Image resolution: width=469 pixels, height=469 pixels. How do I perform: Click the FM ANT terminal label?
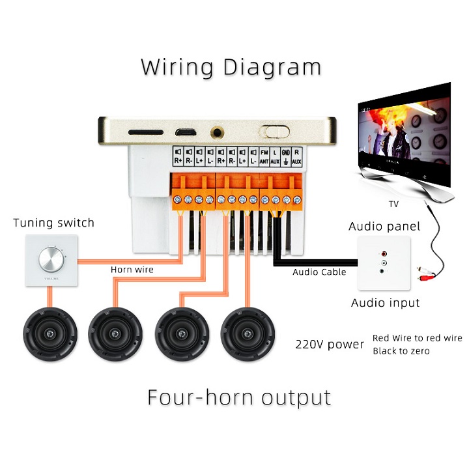click(x=264, y=156)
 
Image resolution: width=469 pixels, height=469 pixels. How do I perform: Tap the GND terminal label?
click(x=285, y=156)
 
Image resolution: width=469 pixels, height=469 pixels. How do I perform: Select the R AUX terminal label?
click(x=296, y=156)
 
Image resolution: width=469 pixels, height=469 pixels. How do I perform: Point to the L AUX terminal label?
click(x=275, y=156)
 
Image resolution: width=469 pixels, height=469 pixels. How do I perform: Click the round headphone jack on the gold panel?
click(x=218, y=132)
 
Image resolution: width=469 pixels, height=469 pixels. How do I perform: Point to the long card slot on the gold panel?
click(x=146, y=132)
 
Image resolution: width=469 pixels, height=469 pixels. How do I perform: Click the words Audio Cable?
click(x=319, y=272)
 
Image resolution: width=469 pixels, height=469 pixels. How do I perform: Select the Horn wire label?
click(x=131, y=269)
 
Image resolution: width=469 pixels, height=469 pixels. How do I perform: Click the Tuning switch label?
click(x=53, y=223)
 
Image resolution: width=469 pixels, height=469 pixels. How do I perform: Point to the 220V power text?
click(x=330, y=343)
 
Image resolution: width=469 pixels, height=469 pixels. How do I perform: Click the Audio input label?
click(x=386, y=303)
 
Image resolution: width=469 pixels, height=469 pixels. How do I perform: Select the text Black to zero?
click(x=401, y=351)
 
